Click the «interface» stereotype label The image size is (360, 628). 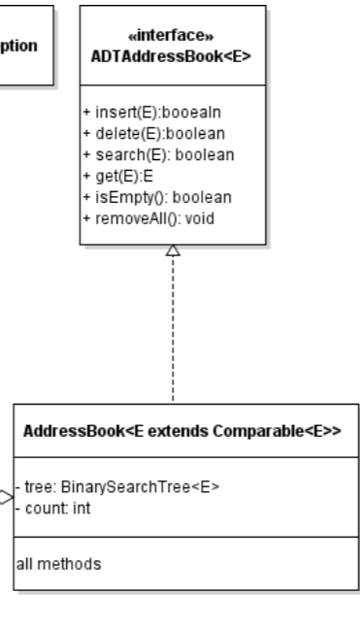[x=172, y=36]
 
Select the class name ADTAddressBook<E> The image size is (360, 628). [x=172, y=55]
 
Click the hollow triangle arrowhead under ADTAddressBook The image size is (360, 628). [x=172, y=249]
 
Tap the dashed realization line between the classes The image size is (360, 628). [x=172, y=330]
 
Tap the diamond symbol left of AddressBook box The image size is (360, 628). [x=6, y=498]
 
